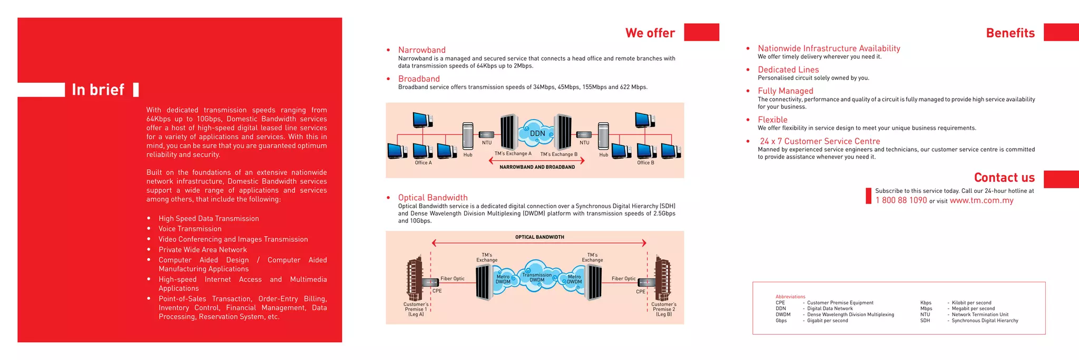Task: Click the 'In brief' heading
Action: tap(98, 90)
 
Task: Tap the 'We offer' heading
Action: tap(650, 33)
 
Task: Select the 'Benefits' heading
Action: tap(1010, 33)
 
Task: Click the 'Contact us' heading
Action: tap(1004, 178)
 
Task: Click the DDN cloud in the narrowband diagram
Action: tap(537, 133)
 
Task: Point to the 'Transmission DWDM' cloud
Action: tap(537, 277)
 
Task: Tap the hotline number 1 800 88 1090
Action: tap(901, 200)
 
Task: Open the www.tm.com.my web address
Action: tap(982, 200)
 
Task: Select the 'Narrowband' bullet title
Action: tap(421, 50)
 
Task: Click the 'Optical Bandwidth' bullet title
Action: tap(433, 198)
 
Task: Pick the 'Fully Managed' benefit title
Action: tap(785, 91)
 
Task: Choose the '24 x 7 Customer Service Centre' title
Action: tap(819, 141)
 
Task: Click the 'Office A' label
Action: tap(423, 163)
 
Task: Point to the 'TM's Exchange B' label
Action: tap(558, 154)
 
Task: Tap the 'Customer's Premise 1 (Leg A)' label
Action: tap(416, 309)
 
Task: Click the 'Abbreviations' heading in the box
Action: tap(790, 297)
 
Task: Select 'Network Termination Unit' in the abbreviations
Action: tap(980, 315)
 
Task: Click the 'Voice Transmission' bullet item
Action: tap(190, 229)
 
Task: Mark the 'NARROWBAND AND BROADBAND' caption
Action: tap(537, 167)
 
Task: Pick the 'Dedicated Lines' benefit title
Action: tap(788, 70)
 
